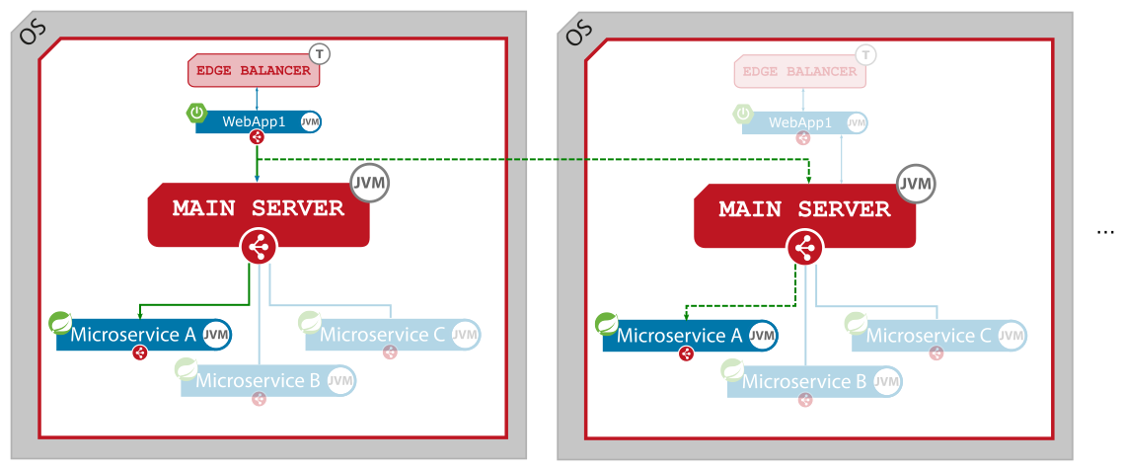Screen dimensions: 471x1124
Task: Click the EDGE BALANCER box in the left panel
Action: point(254,71)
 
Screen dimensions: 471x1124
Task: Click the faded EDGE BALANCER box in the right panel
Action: point(800,71)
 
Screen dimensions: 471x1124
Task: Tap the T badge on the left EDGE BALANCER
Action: point(320,53)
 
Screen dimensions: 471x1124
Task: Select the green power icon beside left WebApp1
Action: point(197,113)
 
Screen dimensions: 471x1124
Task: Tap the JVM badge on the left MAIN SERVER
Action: point(370,183)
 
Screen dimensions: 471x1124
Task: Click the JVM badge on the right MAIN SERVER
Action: point(916,184)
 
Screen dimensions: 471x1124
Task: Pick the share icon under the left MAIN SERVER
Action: point(259,247)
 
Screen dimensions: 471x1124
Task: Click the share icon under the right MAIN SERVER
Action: point(804,247)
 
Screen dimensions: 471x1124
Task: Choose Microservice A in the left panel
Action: point(133,335)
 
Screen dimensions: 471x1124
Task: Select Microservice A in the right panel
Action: point(680,336)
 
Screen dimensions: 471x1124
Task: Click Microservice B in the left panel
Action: point(259,380)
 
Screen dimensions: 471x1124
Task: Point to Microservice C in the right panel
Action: point(929,336)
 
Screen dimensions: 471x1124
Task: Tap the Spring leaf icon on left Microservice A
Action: point(60,322)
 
